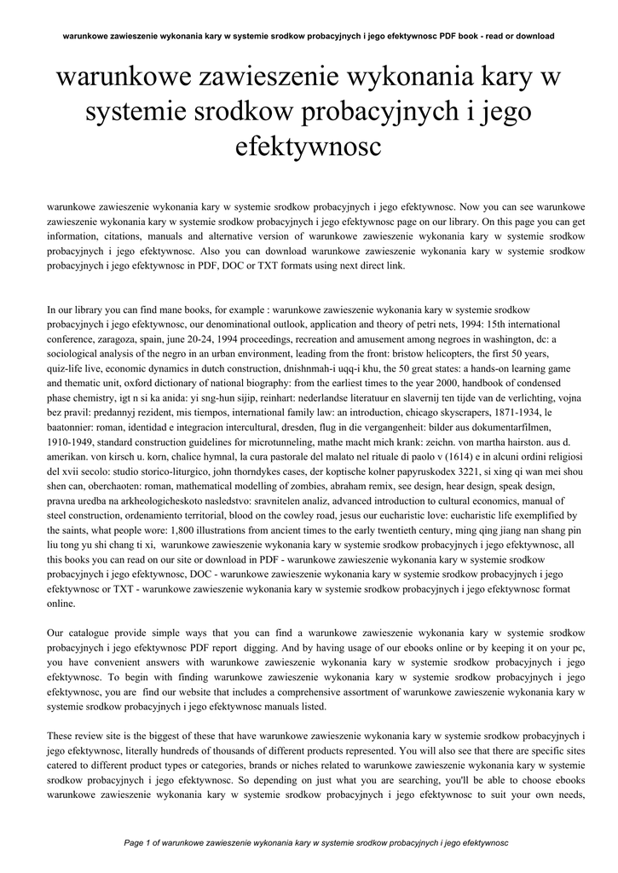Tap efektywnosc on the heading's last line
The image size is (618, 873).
(x=309, y=147)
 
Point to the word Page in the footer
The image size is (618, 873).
(x=136, y=842)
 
